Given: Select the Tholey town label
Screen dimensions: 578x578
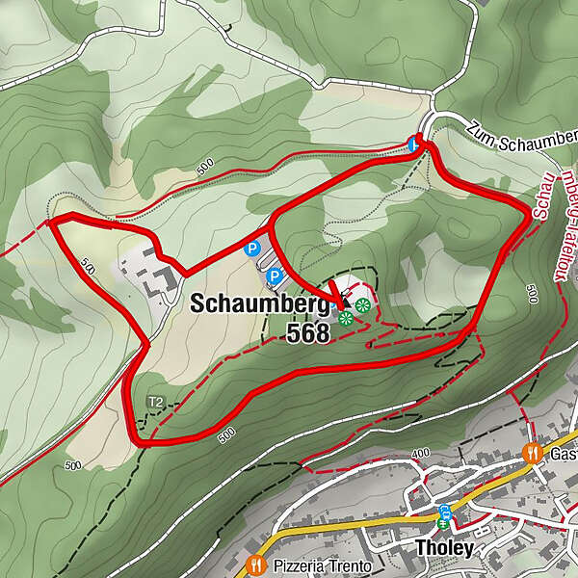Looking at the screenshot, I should point(444,549).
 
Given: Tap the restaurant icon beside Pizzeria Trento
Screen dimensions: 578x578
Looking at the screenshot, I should point(255,565).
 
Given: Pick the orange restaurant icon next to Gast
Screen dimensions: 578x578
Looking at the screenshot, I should point(531,452).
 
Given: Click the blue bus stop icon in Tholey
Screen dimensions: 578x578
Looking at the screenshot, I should point(444,511).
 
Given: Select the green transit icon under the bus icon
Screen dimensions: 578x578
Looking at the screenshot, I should point(444,524).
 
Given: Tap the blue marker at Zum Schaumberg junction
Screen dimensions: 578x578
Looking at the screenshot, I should point(414,144).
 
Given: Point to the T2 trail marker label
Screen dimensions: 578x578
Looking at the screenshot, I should point(155,401).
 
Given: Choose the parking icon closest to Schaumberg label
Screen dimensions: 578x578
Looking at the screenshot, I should point(274,277).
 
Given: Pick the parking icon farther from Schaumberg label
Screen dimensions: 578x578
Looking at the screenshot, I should point(252,249).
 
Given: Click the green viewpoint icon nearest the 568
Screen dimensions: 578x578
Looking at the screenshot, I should point(345,317).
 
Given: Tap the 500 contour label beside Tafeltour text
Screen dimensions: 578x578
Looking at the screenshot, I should point(532,292).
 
